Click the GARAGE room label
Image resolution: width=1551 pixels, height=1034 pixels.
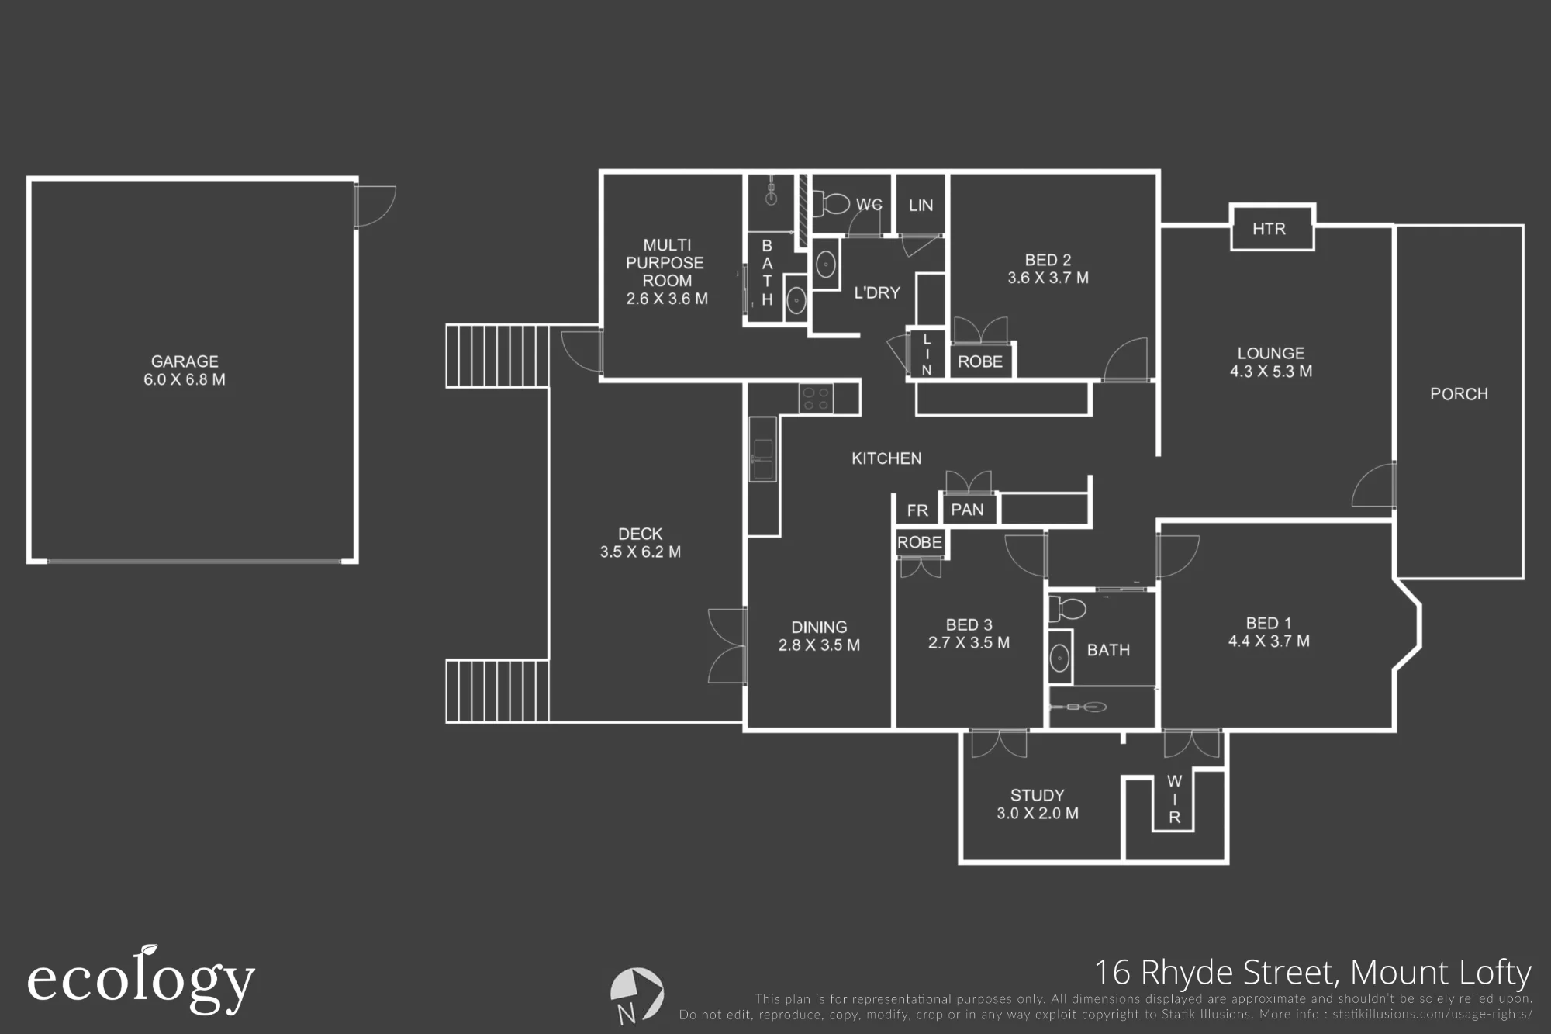(x=185, y=361)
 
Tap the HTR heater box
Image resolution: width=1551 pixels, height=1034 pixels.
(x=1272, y=227)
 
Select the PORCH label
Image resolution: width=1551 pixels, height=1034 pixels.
(x=1459, y=394)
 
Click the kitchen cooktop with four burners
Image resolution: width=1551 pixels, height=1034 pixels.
(x=816, y=399)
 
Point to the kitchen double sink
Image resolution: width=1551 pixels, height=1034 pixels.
(x=763, y=459)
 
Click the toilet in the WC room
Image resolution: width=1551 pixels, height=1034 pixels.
(x=831, y=204)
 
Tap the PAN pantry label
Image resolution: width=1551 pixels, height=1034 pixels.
(x=967, y=510)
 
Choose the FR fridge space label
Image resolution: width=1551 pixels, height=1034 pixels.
(x=917, y=510)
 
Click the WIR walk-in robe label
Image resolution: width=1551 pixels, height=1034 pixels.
(x=1174, y=799)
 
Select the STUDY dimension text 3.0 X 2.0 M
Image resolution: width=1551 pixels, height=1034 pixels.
(x=1038, y=814)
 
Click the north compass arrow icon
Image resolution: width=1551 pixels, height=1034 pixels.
(x=637, y=994)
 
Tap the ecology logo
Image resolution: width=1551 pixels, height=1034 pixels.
(x=141, y=980)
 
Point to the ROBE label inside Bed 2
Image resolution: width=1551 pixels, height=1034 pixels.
(x=980, y=361)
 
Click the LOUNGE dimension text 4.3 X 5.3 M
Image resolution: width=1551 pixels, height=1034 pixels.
(x=1271, y=372)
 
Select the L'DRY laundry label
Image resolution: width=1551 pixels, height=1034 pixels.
(x=877, y=293)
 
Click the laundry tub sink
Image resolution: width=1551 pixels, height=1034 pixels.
(x=826, y=265)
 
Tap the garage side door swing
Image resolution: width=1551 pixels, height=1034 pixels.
(x=375, y=206)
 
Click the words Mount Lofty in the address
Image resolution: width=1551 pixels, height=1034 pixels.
(x=1441, y=973)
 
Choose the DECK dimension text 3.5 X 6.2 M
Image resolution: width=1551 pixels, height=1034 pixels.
(x=641, y=552)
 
